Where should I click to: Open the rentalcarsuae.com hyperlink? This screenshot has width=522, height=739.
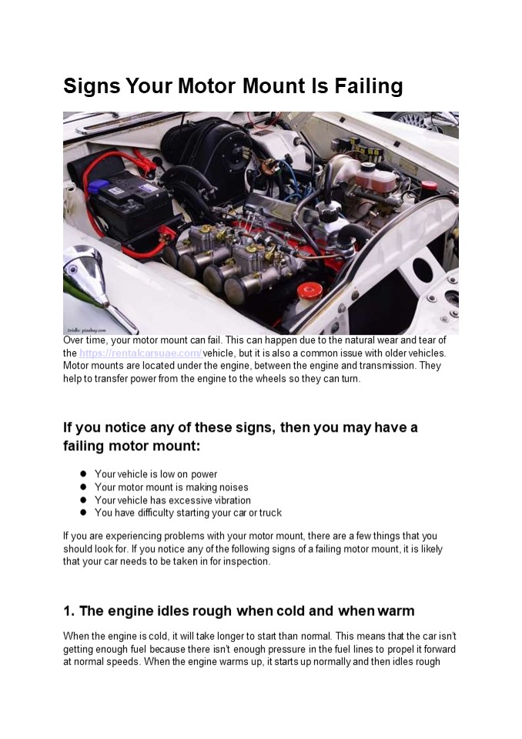140,353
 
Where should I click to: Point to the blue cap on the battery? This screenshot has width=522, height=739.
98,186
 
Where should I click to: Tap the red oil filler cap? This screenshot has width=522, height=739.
310,291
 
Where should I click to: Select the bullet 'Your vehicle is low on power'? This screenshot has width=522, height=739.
156,474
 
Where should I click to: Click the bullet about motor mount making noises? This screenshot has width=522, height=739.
171,487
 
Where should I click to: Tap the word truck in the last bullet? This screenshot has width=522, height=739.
270,513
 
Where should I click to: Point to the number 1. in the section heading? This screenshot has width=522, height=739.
69,611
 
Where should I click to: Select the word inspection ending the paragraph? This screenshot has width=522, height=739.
244,562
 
